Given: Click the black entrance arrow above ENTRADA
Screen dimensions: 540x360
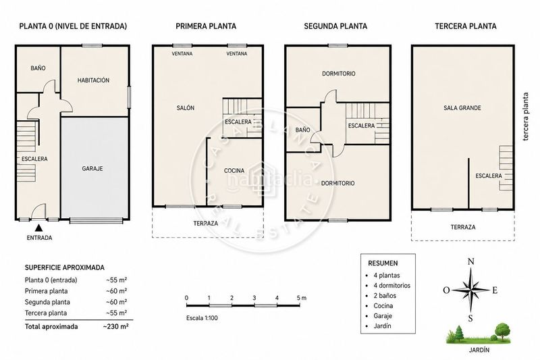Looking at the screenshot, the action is click(x=39, y=228).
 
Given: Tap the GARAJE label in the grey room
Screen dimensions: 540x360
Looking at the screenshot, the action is click(x=92, y=168).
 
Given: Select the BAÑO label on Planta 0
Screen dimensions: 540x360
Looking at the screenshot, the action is click(x=38, y=68).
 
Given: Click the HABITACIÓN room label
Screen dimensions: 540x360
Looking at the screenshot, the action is click(x=93, y=80).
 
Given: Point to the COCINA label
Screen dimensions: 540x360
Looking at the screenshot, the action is click(x=234, y=170).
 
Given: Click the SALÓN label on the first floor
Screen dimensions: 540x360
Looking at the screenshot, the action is click(x=185, y=108).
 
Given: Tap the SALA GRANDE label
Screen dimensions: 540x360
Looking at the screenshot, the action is click(x=462, y=108).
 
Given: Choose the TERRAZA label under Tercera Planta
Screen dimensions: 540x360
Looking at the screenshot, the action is click(x=463, y=227).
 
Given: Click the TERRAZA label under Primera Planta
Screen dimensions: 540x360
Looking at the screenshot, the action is click(x=206, y=224).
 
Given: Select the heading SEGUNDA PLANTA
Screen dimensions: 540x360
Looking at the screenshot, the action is click(x=335, y=26).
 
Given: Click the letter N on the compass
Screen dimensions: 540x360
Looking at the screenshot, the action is click(x=470, y=262).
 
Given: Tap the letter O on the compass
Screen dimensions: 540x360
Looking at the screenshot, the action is click(x=446, y=290).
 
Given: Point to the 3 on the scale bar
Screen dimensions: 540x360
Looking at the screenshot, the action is click(x=254, y=298).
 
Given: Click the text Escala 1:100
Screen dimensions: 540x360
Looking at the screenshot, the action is click(x=202, y=318).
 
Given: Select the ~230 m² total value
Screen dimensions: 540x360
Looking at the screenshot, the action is click(x=115, y=327).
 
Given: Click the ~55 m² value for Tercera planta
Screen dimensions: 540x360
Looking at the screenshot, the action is click(x=117, y=313).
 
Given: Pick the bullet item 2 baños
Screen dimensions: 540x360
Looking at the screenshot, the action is click(x=385, y=296).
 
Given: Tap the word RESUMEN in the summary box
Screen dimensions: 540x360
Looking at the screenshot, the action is click(x=383, y=263).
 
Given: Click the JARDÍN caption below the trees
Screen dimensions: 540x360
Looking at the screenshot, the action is click(x=479, y=350).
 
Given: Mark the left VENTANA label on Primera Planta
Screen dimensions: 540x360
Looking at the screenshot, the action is click(x=182, y=53).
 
